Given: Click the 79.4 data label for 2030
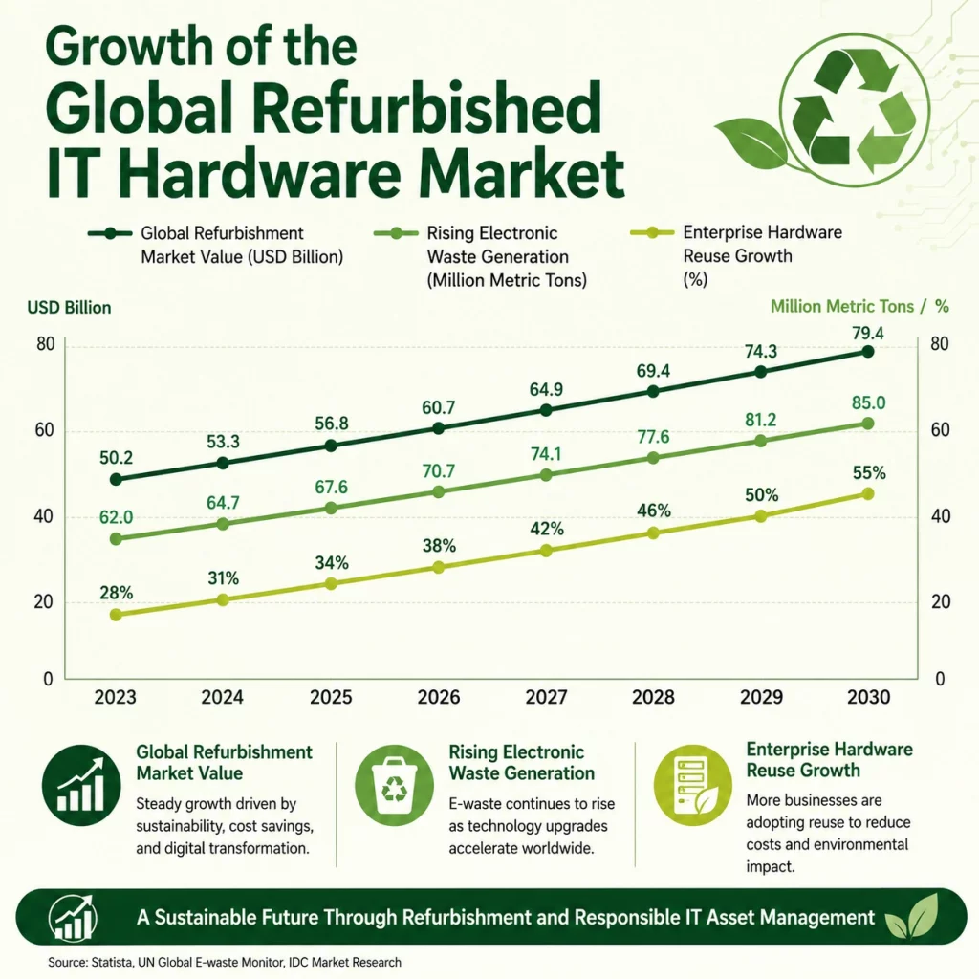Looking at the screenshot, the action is [x=868, y=334].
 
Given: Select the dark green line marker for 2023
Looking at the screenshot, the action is [x=116, y=479].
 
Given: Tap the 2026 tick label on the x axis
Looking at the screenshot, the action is [x=438, y=697].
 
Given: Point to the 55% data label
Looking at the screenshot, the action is [x=869, y=473].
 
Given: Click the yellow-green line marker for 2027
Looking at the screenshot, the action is [x=546, y=550].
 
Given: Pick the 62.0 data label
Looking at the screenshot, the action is [x=116, y=517].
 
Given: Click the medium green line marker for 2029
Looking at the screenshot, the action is [x=760, y=441].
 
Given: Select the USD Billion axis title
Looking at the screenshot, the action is [x=69, y=308].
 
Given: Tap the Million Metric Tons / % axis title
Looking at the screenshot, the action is [x=859, y=307].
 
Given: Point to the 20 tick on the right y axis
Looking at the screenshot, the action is [x=941, y=602].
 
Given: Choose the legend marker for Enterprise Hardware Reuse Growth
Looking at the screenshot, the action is [x=652, y=233].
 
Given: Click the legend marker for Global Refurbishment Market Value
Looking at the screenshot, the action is [x=110, y=233].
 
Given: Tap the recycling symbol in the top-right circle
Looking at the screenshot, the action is [x=854, y=111].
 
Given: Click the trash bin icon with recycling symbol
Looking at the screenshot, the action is [x=394, y=785].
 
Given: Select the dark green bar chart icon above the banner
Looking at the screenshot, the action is [x=81, y=785].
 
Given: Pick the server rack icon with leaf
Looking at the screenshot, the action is [x=692, y=785].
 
